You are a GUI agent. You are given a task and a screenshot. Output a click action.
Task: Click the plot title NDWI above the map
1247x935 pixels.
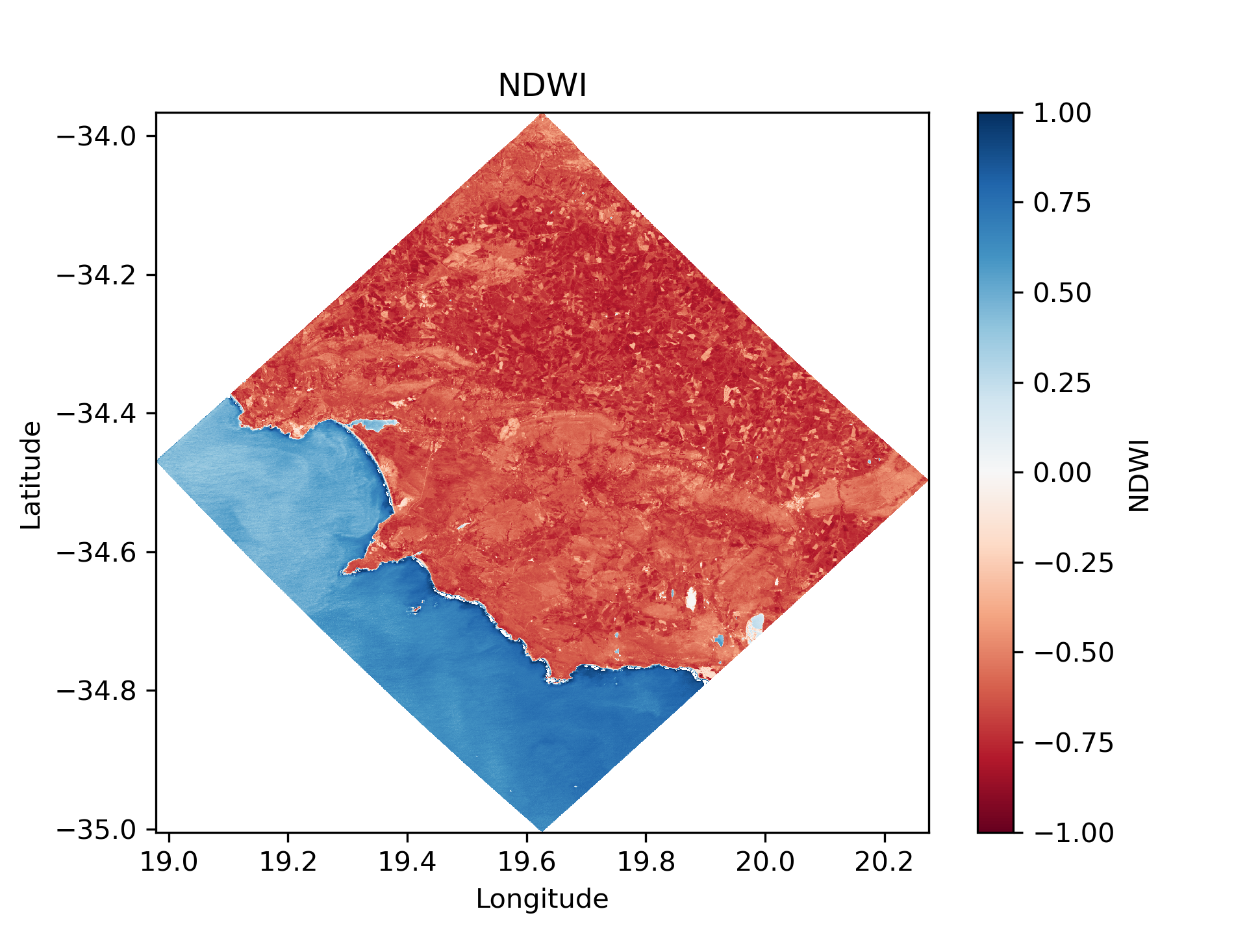pos(542,85)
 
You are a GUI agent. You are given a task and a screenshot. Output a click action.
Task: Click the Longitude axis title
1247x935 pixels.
pos(542,899)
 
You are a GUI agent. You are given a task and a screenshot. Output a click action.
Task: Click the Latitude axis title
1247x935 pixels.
pos(31,475)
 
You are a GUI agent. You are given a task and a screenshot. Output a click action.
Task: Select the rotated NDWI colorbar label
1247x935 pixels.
pos(1139,475)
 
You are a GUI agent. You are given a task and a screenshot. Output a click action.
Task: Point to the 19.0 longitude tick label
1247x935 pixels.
pos(168,862)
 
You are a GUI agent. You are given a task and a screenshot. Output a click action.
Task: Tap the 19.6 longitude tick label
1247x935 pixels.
pos(526,862)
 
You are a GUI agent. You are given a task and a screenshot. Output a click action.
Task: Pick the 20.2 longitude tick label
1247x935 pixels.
pos(884,862)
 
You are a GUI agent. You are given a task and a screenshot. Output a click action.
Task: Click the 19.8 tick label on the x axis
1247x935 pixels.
pos(646,862)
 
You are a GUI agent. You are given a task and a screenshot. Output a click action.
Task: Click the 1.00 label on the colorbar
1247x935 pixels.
pos(1062,113)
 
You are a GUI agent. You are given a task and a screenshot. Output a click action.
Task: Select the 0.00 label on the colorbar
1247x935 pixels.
pos(1062,473)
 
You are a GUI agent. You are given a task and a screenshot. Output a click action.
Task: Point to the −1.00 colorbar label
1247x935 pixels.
pos(1073,832)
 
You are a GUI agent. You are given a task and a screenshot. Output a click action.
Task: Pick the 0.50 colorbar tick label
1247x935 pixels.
pos(1062,293)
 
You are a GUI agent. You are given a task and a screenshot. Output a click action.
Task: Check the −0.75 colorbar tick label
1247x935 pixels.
pos(1073,743)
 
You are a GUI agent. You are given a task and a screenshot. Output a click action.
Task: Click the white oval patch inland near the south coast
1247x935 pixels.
pos(691,599)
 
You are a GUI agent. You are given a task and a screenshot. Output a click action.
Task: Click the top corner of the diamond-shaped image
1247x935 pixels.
pos(543,115)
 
